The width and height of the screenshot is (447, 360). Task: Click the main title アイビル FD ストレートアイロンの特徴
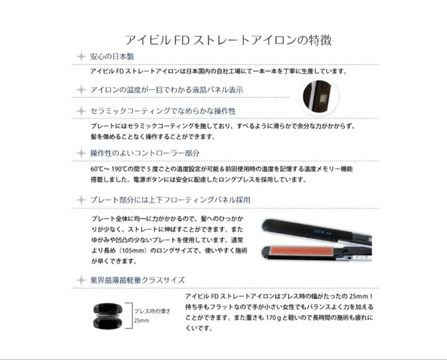228,40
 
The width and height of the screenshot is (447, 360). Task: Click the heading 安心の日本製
112,56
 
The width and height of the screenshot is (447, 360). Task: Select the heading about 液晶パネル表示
166,89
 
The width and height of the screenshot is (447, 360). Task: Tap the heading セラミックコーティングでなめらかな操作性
163,111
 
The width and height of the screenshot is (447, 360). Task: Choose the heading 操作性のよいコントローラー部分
145,153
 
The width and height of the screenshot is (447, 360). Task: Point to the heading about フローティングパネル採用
170,200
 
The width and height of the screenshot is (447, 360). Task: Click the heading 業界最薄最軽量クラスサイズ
137,280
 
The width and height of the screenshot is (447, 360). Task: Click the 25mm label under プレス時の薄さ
141,321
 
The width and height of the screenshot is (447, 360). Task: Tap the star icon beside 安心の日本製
81,56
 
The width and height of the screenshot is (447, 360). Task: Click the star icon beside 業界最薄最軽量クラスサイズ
81,280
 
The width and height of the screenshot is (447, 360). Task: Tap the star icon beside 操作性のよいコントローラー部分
81,153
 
